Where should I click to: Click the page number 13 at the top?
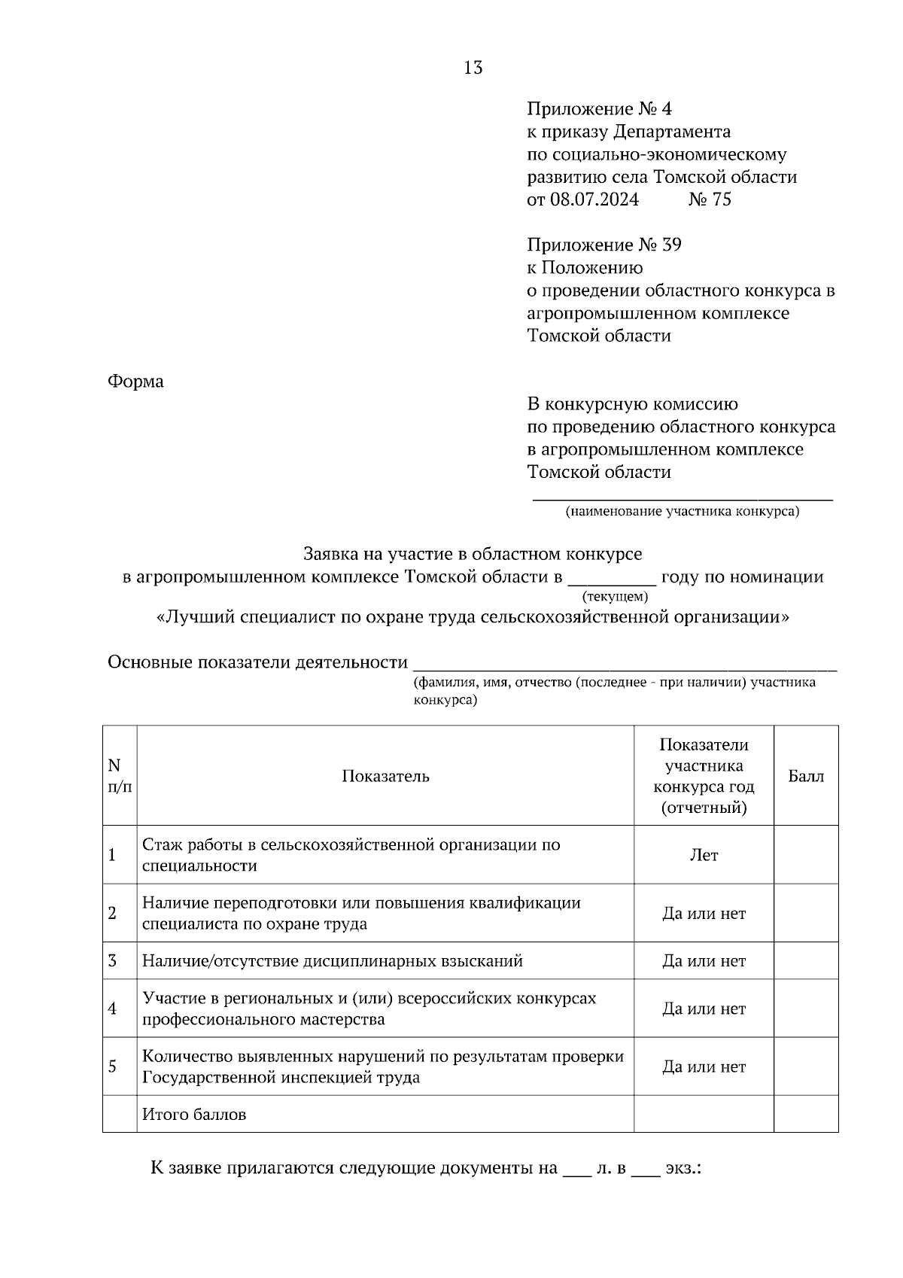pos(473,68)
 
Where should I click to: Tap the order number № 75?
pos(710,199)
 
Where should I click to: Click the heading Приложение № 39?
pos(604,245)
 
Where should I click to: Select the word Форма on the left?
pos(135,382)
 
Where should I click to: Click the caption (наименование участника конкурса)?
pos(683,512)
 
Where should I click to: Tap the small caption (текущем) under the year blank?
pos(614,596)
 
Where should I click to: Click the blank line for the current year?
pos(611,578)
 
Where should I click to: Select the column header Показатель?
pos(385,776)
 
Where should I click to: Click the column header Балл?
pos(806,776)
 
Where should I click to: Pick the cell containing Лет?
pos(704,855)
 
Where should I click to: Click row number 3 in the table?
pos(113,960)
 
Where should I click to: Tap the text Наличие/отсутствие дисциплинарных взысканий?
pos(333,961)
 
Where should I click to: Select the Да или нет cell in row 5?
pos(704,1067)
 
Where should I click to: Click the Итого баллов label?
pos(194,1114)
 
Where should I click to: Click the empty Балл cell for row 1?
pos(806,855)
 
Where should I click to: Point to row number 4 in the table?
pos(113,1009)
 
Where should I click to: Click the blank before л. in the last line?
pos(577,1169)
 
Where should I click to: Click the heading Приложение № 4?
pos(599,109)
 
